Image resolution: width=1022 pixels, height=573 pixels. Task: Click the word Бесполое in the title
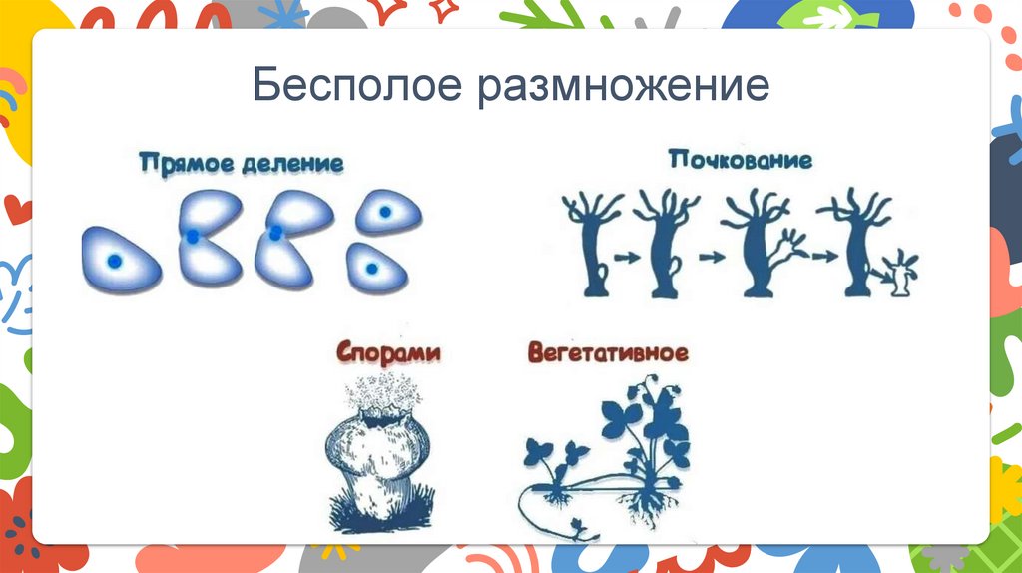click(357, 86)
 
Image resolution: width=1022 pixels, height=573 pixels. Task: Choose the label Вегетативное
click(608, 353)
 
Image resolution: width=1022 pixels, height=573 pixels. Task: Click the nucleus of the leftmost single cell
click(115, 261)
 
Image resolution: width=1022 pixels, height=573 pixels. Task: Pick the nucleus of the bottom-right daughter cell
click(370, 269)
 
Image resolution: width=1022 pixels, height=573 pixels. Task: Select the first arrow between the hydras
click(626, 258)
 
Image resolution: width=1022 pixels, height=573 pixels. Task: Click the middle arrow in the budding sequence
click(712, 258)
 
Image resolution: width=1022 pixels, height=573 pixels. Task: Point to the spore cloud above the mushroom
click(379, 399)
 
